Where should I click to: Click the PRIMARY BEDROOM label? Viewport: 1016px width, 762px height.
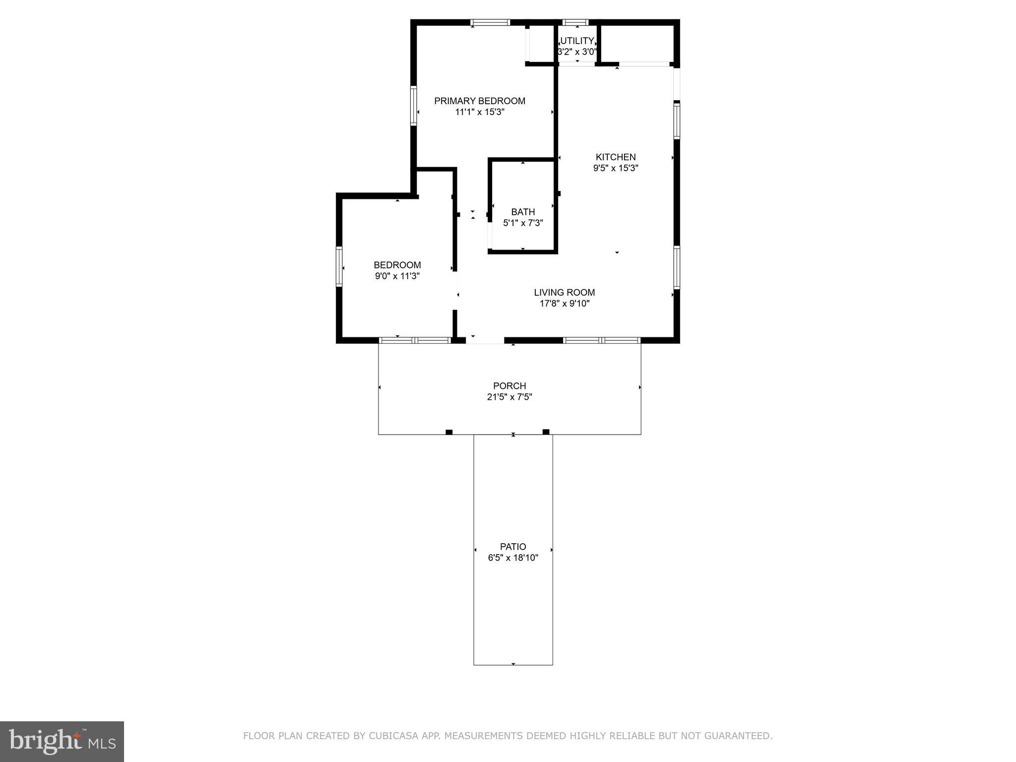tap(479, 101)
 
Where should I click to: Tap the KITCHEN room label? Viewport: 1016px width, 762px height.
tap(615, 157)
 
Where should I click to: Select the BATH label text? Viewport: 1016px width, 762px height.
tap(523, 212)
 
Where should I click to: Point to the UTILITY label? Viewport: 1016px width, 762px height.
tap(577, 41)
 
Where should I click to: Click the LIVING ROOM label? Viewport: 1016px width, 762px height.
tap(564, 292)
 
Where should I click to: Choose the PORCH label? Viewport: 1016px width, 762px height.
tap(509, 385)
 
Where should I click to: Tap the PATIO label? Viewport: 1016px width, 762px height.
tap(513, 546)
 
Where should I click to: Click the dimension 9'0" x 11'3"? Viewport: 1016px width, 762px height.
tap(397, 276)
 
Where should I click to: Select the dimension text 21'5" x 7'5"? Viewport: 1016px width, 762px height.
tap(509, 397)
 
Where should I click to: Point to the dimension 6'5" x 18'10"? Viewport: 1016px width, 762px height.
tap(513, 558)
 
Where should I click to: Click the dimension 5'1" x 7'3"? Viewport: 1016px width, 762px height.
tap(523, 223)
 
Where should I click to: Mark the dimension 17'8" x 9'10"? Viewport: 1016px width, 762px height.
tap(564, 304)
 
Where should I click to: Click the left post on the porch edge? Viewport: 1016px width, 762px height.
tap(449, 432)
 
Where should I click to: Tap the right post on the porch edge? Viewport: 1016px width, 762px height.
tap(546, 432)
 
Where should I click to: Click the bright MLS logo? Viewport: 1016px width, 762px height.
tap(62, 741)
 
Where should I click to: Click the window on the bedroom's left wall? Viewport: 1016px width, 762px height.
tap(339, 266)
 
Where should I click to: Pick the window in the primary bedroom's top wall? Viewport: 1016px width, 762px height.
tap(490, 22)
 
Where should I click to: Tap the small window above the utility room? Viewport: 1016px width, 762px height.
tap(575, 22)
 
